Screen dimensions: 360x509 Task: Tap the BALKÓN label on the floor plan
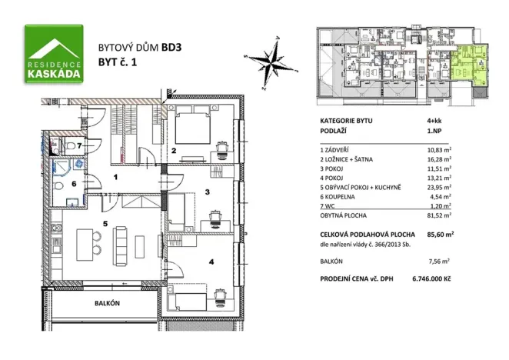tap(108, 304)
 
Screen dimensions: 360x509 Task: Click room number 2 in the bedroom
tap(175, 150)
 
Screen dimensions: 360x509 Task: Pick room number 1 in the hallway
tap(115, 178)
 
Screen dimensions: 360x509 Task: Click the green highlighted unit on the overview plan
tap(467, 68)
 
